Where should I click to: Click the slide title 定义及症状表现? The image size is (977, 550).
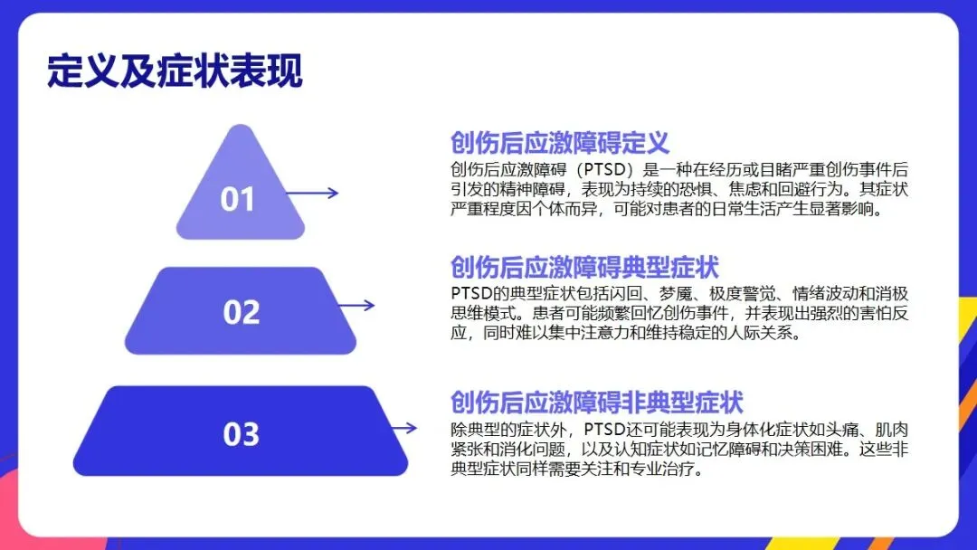(175, 71)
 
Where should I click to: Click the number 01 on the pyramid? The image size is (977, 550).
(238, 199)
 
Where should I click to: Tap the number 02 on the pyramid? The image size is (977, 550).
(242, 312)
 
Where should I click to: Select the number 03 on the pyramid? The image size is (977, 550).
(242, 434)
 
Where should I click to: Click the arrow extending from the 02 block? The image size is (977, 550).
(356, 305)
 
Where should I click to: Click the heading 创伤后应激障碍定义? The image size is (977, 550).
(559, 143)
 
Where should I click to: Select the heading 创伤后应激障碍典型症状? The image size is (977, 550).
(584, 268)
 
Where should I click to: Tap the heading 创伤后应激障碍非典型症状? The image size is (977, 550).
(597, 403)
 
